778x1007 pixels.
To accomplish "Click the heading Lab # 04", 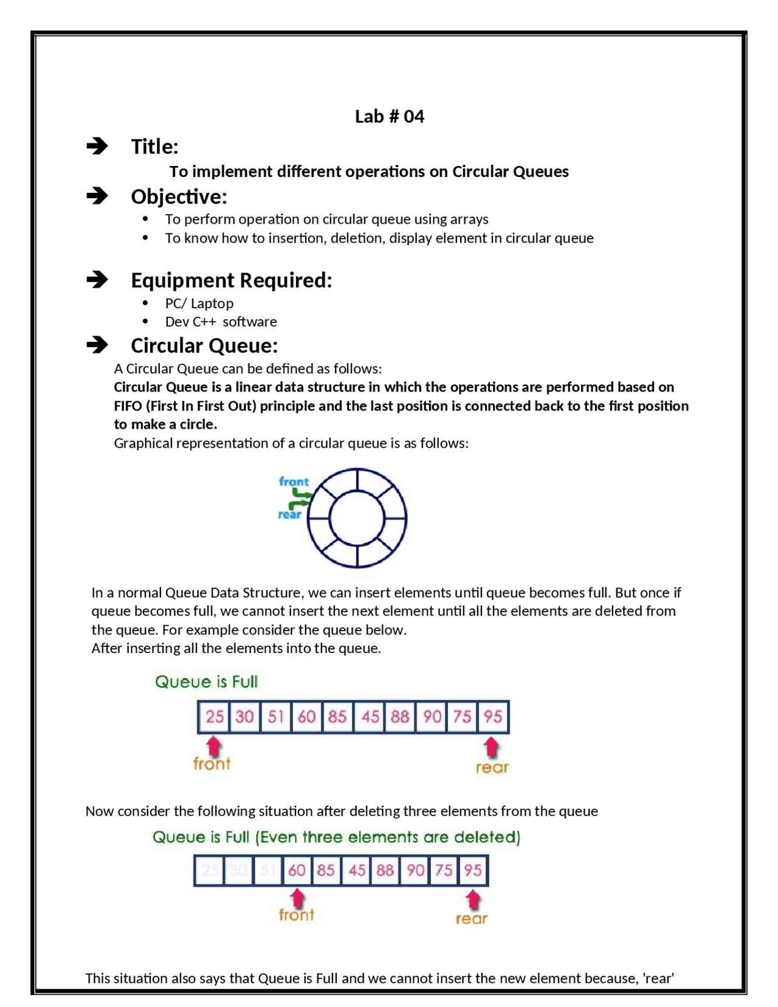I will click(389, 116).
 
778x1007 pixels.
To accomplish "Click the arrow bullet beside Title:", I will click(97, 146).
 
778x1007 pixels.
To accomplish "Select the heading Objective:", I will click(179, 196).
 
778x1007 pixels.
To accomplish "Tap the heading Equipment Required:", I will click(232, 280).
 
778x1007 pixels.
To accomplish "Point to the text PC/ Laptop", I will click(199, 303).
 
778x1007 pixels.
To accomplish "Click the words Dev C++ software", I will click(221, 321).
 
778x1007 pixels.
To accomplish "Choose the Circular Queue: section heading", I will click(204, 345).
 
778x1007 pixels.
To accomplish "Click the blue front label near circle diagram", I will click(294, 482).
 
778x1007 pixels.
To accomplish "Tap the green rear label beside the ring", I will click(289, 514).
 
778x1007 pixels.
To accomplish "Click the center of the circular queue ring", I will click(357, 518).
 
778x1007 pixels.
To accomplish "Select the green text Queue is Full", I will click(207, 682).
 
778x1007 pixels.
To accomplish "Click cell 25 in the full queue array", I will click(214, 716).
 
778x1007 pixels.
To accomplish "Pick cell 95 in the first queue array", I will click(493, 716).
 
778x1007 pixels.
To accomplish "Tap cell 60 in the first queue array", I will click(307, 716).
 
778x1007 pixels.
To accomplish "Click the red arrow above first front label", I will click(213, 746).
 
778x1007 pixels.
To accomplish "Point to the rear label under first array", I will click(492, 767).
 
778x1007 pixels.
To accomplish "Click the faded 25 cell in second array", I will click(210, 870).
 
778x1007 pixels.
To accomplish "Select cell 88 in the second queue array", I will click(385, 870).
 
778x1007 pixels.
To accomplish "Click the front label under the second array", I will click(297, 915).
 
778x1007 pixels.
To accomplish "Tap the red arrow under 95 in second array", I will click(473, 899).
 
